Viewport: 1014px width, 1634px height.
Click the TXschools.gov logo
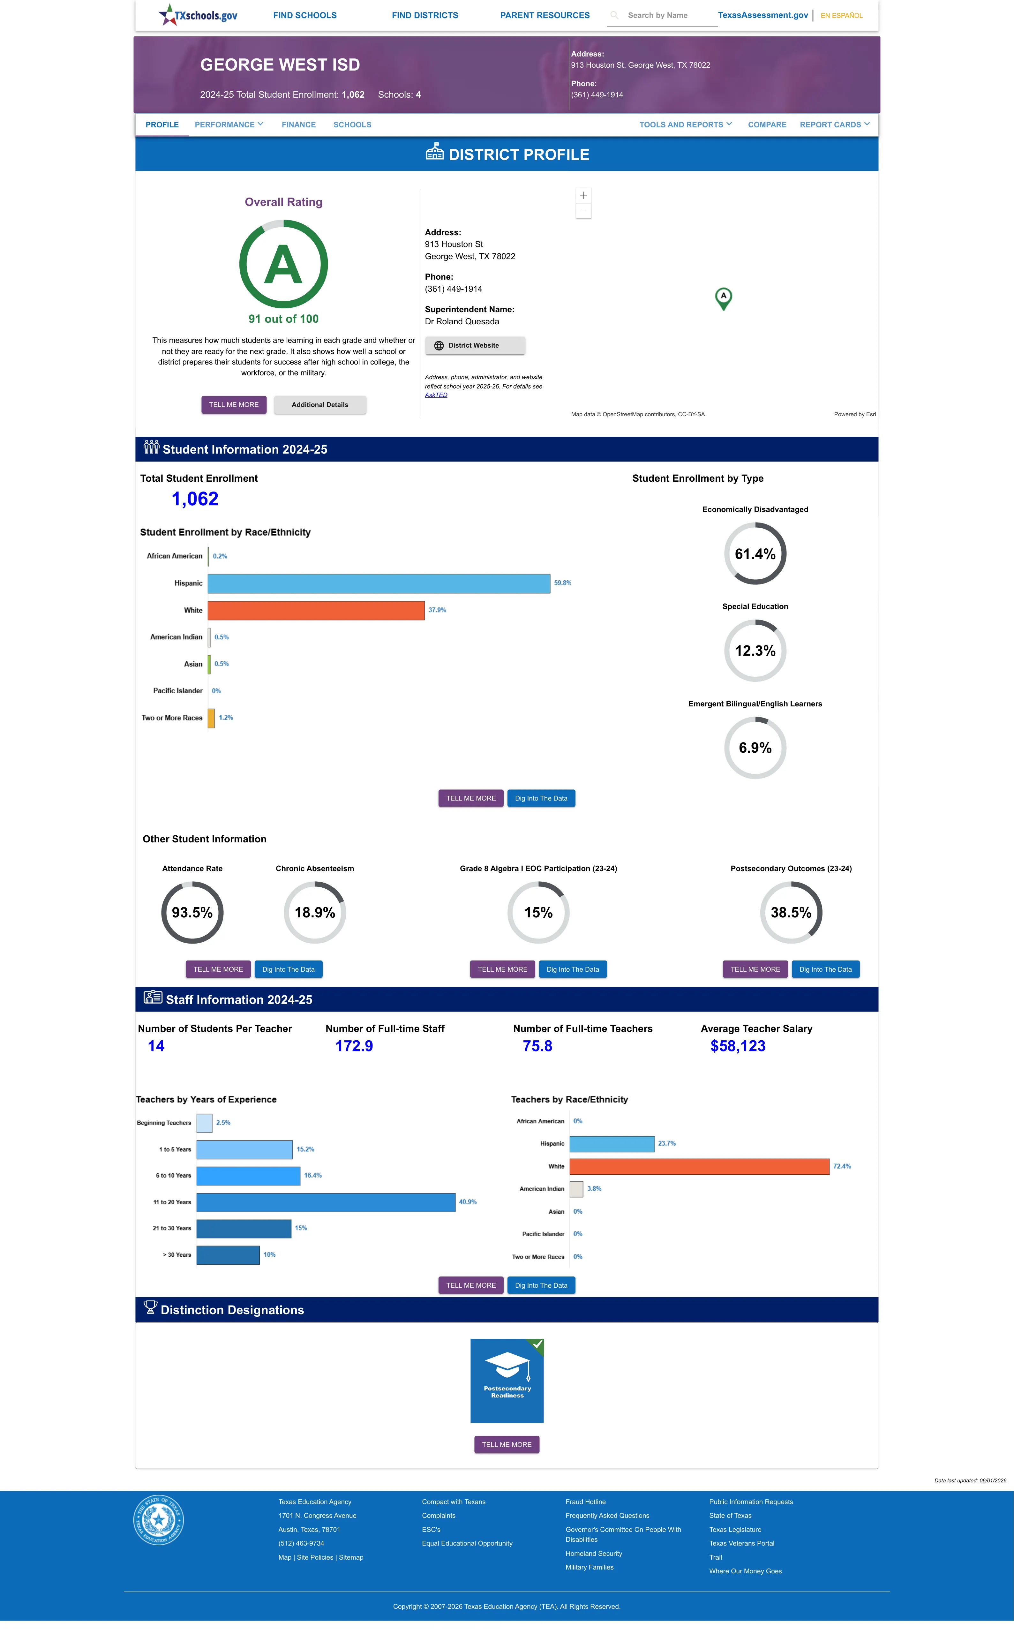(x=198, y=15)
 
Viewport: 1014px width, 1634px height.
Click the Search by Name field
(x=662, y=15)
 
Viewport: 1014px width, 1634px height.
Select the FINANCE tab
(x=298, y=125)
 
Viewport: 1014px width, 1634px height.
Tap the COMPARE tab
(x=767, y=125)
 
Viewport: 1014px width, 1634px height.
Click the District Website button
(x=475, y=345)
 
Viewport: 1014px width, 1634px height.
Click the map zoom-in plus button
(x=583, y=195)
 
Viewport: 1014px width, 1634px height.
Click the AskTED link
(x=436, y=395)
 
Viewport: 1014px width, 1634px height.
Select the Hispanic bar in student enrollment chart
(x=379, y=583)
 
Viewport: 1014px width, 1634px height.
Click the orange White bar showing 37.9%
(x=316, y=610)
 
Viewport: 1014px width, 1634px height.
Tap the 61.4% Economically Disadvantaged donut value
(x=755, y=554)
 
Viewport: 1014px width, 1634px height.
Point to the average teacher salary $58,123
(x=738, y=1046)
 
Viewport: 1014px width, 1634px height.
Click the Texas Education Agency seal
(x=158, y=1519)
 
